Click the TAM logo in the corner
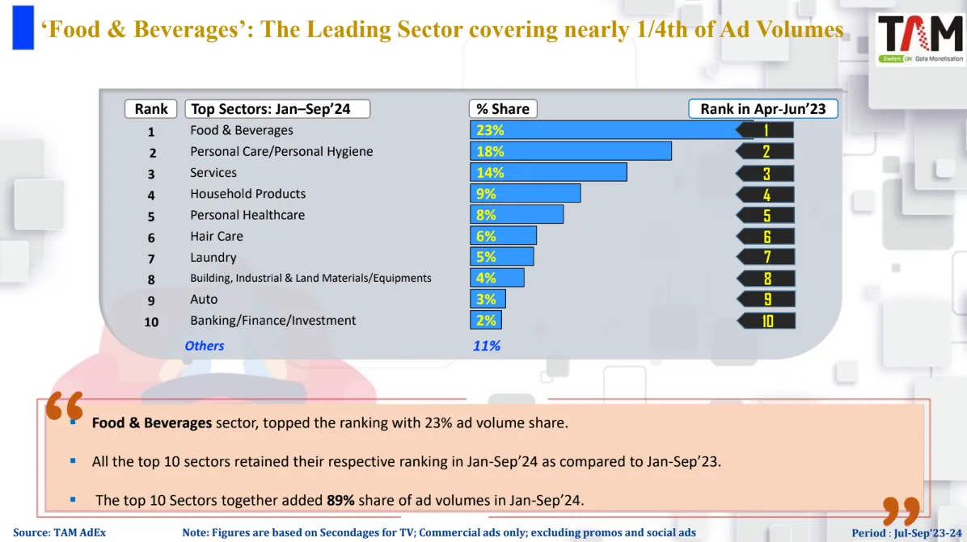920,38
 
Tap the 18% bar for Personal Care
570,151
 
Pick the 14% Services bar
548,172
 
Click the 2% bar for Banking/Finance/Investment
485,320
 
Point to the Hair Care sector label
216,236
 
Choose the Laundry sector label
213,257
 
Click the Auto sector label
204,299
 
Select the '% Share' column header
502,109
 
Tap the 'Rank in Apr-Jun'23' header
762,109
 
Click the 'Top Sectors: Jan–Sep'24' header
277,109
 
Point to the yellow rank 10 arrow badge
766,321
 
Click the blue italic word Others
204,346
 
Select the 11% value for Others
486,346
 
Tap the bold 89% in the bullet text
340,500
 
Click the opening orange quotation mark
64,406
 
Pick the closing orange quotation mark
901,511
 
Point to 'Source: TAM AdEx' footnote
59,533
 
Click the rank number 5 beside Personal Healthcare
151,216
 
